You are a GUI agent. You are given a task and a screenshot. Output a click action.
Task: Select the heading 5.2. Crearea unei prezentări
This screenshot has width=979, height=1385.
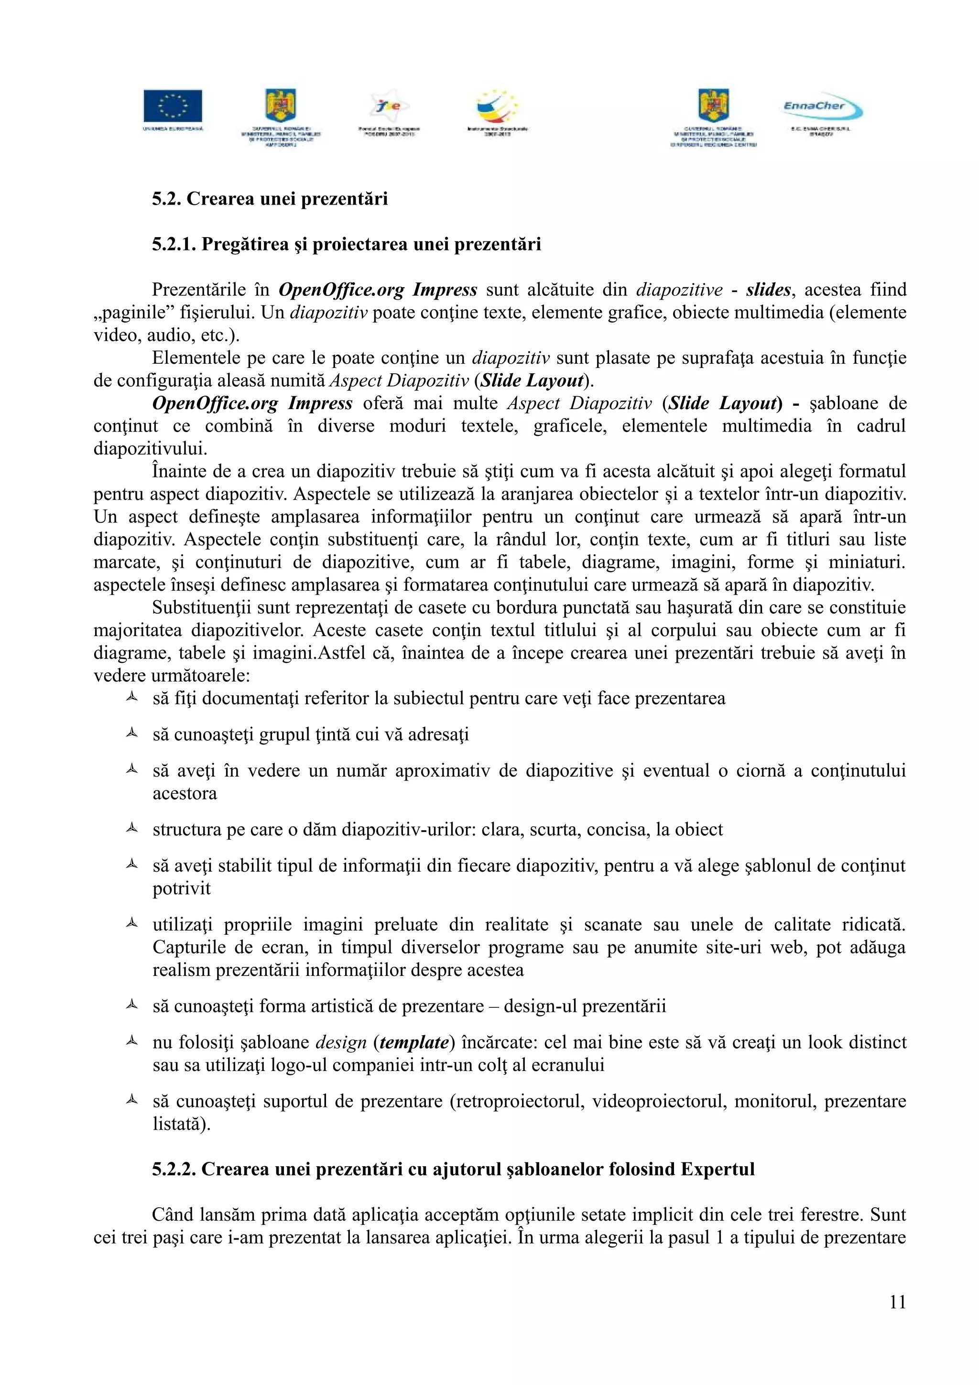270,199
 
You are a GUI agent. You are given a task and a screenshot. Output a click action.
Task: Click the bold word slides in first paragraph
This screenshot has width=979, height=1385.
768,290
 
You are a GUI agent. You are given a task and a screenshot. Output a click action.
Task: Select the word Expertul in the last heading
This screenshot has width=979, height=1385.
718,1169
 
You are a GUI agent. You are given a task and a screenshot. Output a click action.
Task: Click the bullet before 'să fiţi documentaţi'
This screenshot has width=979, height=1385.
131,697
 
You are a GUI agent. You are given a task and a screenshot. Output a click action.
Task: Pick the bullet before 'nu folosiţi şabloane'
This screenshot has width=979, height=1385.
131,1041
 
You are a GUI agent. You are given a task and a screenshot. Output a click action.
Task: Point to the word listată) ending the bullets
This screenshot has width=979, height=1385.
182,1124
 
